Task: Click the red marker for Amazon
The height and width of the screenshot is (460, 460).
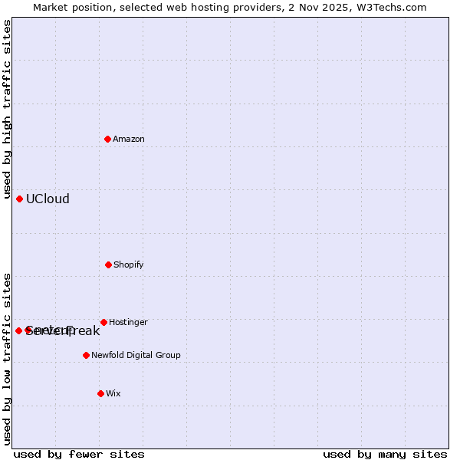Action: pos(108,139)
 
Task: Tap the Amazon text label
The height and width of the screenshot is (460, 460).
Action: pos(129,140)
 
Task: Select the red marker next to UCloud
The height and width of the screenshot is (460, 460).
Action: pos(19,199)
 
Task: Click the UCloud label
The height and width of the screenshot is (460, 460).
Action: pos(48,199)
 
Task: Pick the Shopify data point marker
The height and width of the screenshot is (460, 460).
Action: pos(108,264)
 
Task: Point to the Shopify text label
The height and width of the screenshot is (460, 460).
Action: pos(129,265)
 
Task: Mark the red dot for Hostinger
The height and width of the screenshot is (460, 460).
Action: pos(103,322)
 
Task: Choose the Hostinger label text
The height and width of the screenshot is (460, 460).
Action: pos(128,323)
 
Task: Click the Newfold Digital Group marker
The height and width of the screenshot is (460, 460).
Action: pos(86,355)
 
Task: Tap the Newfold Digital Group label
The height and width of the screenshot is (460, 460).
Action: pos(136,356)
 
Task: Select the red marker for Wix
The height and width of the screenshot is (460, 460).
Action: pos(100,393)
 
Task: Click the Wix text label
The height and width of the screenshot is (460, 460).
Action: pos(113,394)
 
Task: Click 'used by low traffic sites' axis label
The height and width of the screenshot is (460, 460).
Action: pos(8,359)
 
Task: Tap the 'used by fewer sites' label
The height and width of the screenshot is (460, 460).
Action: pos(79,455)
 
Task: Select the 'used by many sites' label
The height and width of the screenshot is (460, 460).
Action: pos(385,455)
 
